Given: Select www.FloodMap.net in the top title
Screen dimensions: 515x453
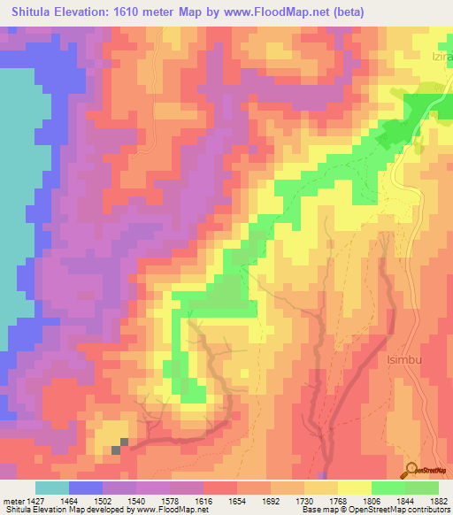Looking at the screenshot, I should click(282, 12).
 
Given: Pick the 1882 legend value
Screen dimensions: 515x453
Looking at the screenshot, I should click(438, 500).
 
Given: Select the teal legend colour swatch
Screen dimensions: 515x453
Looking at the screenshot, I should click(51, 488).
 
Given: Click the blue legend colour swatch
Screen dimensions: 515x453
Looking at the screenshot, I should click(85, 488).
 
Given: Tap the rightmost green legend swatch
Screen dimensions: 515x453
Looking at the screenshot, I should click(421, 488).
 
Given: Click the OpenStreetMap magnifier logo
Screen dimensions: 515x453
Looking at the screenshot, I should click(413, 469).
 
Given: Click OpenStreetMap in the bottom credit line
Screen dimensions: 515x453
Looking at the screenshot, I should click(379, 511).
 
